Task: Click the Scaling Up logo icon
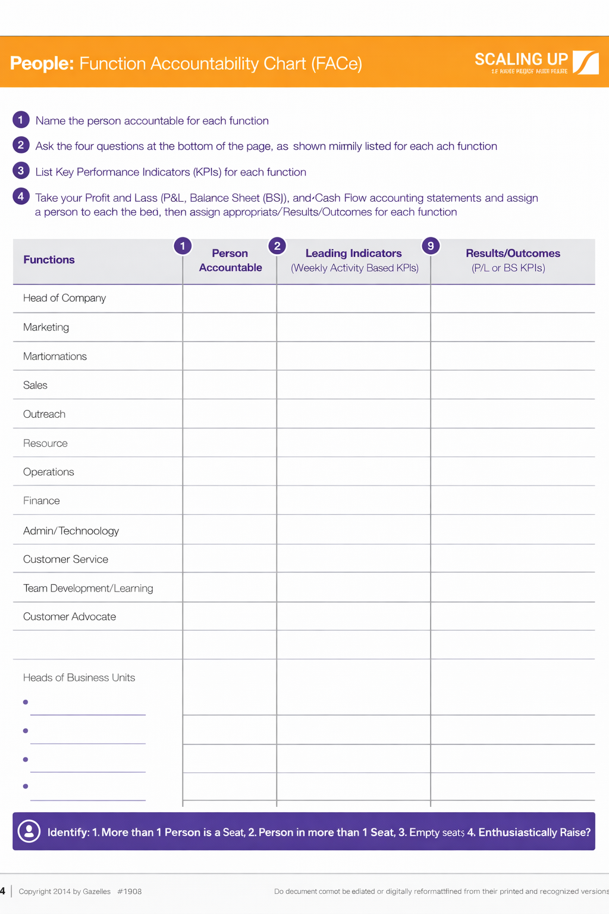(586, 62)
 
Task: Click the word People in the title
(42, 63)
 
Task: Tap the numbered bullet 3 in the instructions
(21, 171)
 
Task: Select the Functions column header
(49, 259)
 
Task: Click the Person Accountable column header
(230, 261)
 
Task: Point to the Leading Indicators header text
(353, 253)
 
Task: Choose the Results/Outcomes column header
(513, 253)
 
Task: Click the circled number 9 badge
(431, 246)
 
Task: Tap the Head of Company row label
(64, 298)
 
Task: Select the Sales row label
(35, 385)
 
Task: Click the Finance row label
(42, 500)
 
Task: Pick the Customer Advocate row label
(70, 616)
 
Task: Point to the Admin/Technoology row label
(71, 530)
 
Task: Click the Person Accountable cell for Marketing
(230, 327)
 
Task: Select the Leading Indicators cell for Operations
(353, 472)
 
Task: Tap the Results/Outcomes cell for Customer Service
(513, 559)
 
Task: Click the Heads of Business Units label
(79, 678)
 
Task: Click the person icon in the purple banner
(29, 831)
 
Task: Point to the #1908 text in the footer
(130, 891)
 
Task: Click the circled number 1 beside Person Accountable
(183, 246)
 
